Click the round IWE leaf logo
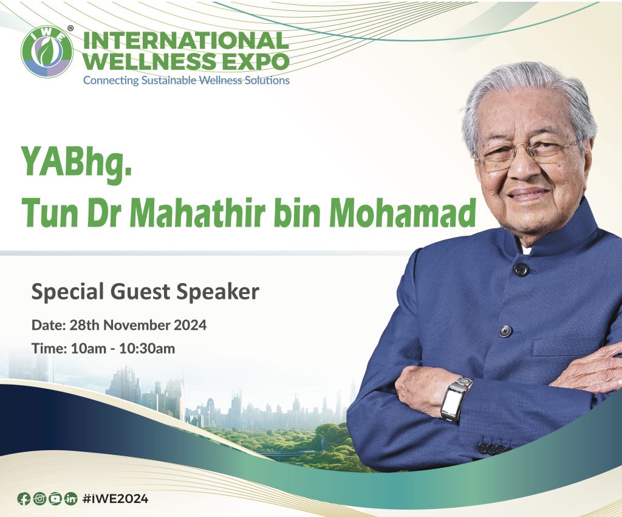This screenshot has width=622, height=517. pyautogui.click(x=47, y=52)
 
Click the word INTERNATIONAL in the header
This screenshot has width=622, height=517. pyautogui.click(x=186, y=40)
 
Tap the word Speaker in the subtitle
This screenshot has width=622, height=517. pyautogui.click(x=218, y=292)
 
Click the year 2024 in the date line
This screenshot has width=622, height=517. pyautogui.click(x=190, y=325)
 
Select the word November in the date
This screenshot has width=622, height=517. pyautogui.click(x=137, y=325)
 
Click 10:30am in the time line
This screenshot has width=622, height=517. pyautogui.click(x=147, y=348)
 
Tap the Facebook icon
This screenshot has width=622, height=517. pyautogui.click(x=24, y=498)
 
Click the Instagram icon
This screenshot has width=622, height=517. pyautogui.click(x=39, y=498)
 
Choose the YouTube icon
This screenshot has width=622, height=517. pyautogui.click(x=55, y=498)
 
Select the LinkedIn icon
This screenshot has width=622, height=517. pyautogui.click(x=70, y=498)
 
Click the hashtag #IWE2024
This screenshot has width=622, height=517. pyautogui.click(x=115, y=499)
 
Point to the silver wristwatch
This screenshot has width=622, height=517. pyautogui.click(x=456, y=399)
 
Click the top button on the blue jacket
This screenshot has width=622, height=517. pyautogui.click(x=521, y=269)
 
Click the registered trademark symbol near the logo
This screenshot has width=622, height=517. pyautogui.click(x=70, y=28)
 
